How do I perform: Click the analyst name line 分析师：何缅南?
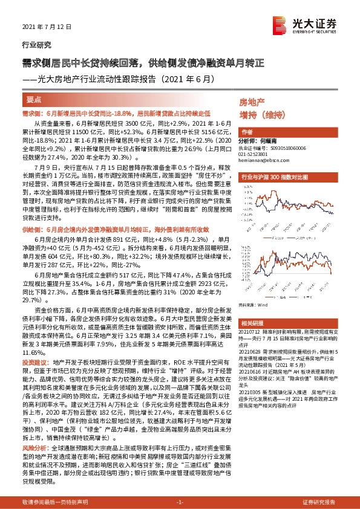[260, 140]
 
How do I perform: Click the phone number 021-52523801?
[253, 154]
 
